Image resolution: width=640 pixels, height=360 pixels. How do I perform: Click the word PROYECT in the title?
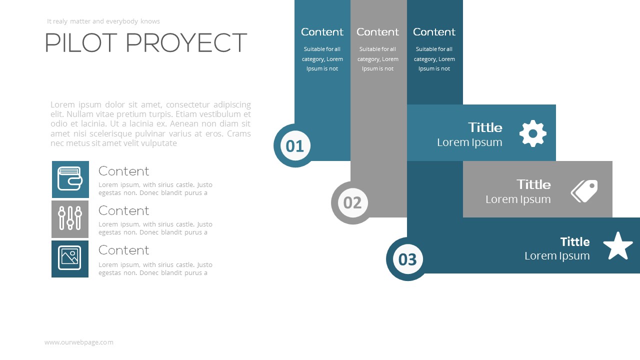186,43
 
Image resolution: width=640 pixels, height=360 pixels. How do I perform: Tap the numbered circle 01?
295,145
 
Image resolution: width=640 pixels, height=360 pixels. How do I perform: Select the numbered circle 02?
352,202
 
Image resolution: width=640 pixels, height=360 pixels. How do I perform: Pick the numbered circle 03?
407,259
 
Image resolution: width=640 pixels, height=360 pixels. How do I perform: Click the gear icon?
532,133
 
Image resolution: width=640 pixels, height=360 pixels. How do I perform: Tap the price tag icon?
584,191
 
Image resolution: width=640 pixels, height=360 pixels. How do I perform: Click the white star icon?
618,246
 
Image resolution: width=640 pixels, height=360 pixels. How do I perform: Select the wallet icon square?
70,179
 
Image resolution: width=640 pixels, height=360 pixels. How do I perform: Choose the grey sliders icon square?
70,219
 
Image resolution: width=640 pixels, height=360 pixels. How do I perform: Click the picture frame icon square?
70,258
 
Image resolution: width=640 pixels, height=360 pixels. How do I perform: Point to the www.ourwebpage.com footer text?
79,342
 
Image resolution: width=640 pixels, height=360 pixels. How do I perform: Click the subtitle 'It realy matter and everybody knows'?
103,21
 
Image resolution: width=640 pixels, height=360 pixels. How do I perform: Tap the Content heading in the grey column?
377,32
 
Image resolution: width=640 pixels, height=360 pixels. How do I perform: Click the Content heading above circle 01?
322,32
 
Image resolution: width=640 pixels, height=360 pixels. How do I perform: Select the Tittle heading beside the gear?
485,127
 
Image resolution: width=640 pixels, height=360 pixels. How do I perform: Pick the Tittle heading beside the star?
574,242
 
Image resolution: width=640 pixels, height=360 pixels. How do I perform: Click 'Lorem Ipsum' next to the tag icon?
518,199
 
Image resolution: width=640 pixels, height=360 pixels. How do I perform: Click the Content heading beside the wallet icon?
123,171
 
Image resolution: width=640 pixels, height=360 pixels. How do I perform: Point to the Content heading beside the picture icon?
123,250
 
